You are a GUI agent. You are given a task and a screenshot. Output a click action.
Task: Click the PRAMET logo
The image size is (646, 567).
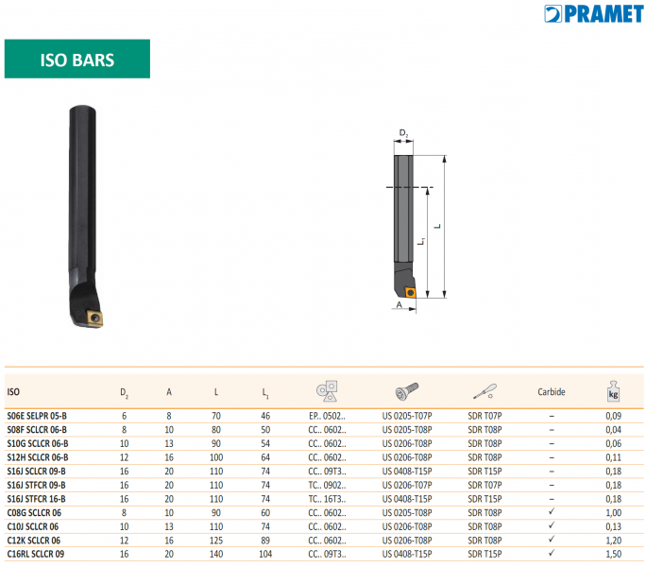click(593, 14)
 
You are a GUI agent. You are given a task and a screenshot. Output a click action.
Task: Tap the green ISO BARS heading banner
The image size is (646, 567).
click(77, 59)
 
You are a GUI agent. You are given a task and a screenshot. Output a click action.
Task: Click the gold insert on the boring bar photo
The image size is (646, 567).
click(94, 318)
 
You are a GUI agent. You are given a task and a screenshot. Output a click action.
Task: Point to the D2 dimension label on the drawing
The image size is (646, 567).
click(403, 133)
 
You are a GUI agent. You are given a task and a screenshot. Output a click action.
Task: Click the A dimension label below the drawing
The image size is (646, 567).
click(399, 304)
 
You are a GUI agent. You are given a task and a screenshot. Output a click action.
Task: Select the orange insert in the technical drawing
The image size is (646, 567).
click(410, 292)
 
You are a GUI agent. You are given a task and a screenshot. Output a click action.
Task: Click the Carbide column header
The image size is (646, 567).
click(552, 392)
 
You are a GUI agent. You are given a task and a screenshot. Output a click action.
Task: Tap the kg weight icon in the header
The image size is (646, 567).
click(613, 391)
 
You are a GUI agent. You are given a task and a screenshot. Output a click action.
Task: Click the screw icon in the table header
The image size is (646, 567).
click(407, 391)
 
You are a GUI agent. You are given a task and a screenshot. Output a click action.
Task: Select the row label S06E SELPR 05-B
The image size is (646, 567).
click(37, 416)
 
